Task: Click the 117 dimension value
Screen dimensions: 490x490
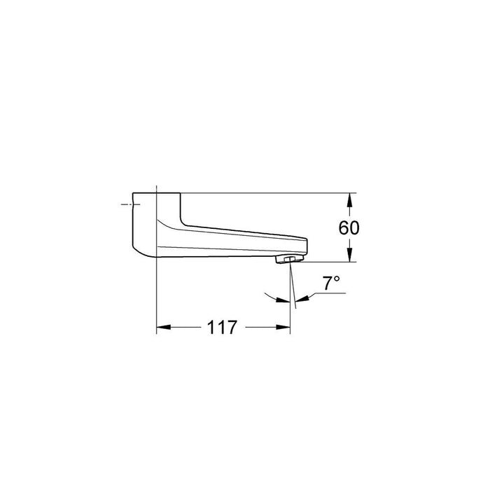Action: point(222,326)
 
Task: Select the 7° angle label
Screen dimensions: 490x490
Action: point(331,283)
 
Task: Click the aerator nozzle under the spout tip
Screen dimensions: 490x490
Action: point(287,260)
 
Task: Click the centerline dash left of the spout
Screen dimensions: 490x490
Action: point(127,204)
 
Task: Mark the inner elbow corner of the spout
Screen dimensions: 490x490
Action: point(183,223)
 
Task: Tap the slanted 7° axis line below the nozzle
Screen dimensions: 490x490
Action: point(293,290)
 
